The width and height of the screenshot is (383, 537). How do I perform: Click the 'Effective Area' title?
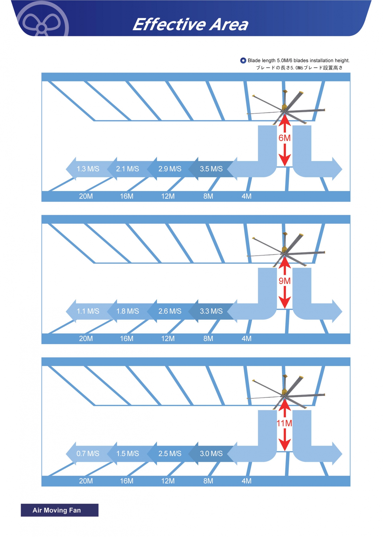point(191,24)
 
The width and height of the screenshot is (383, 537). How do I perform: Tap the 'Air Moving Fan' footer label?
point(57,510)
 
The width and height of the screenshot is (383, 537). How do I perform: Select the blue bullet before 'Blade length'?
point(243,60)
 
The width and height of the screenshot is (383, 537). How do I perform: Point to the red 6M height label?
point(285,138)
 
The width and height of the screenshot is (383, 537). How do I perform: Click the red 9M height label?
point(285,281)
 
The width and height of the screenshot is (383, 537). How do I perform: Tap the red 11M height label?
point(285,423)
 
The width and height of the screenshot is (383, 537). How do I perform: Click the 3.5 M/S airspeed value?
point(211,169)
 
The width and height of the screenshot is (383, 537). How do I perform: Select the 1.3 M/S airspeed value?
point(88,169)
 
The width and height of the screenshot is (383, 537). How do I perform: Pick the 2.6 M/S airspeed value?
point(170,311)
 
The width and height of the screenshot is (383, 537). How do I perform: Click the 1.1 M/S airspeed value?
point(88,311)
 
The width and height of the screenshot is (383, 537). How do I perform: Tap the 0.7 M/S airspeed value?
point(88,454)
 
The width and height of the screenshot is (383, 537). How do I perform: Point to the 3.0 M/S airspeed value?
point(211,454)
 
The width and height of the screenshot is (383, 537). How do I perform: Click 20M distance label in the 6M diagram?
point(86,196)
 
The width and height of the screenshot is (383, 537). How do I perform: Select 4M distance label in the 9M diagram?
point(246,339)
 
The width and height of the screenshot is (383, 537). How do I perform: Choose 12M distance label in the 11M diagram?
point(168,481)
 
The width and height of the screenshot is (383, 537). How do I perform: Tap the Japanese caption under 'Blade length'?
point(299,68)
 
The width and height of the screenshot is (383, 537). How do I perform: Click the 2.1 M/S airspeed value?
point(128,169)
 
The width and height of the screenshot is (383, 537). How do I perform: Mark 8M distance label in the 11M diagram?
point(208,481)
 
